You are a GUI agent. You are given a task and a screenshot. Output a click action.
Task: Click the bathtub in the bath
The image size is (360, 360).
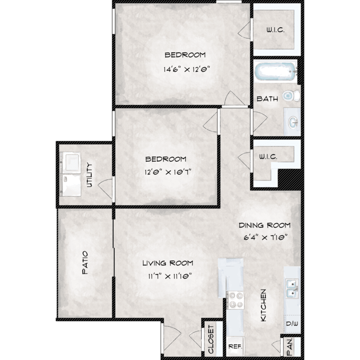pos(276,72)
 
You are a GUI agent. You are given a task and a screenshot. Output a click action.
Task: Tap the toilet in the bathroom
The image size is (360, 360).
pos(291,96)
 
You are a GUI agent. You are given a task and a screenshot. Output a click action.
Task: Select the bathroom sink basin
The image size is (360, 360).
pos(293,122)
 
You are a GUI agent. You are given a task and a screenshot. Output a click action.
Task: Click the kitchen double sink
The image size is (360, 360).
pos(292,288)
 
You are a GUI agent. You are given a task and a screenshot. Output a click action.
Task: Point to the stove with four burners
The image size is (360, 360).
pos(235,300)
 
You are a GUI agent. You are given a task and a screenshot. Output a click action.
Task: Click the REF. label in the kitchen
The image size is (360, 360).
pos(235,347)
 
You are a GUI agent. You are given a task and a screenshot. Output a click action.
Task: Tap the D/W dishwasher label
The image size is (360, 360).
pos(292,324)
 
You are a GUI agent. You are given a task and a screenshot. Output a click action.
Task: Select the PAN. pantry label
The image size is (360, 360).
pos(290,346)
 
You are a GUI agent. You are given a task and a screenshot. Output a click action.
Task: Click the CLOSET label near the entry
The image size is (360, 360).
pos(211,339)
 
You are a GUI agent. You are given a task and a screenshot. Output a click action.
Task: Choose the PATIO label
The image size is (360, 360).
pos(85,263)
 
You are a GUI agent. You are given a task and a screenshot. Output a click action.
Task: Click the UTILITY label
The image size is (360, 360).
pos(89,175)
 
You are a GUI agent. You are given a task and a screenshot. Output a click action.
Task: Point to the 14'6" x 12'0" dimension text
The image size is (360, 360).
pos(187,69)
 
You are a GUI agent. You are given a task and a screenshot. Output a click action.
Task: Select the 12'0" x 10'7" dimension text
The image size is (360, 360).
pos(168,172)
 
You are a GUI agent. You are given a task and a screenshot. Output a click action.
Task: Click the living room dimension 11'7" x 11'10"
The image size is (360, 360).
pos(170,276)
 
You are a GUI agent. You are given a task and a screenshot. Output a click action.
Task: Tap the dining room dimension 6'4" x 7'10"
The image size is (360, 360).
pos(265,237)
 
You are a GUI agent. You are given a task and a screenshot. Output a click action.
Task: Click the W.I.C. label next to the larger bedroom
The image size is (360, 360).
pos(276,30)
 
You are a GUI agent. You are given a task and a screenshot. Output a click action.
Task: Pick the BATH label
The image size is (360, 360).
pos(267,99)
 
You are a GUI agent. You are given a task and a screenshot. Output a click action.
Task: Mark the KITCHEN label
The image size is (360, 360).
pos(264,305)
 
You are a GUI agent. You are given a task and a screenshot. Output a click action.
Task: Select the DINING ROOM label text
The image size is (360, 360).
pos(264,225)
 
